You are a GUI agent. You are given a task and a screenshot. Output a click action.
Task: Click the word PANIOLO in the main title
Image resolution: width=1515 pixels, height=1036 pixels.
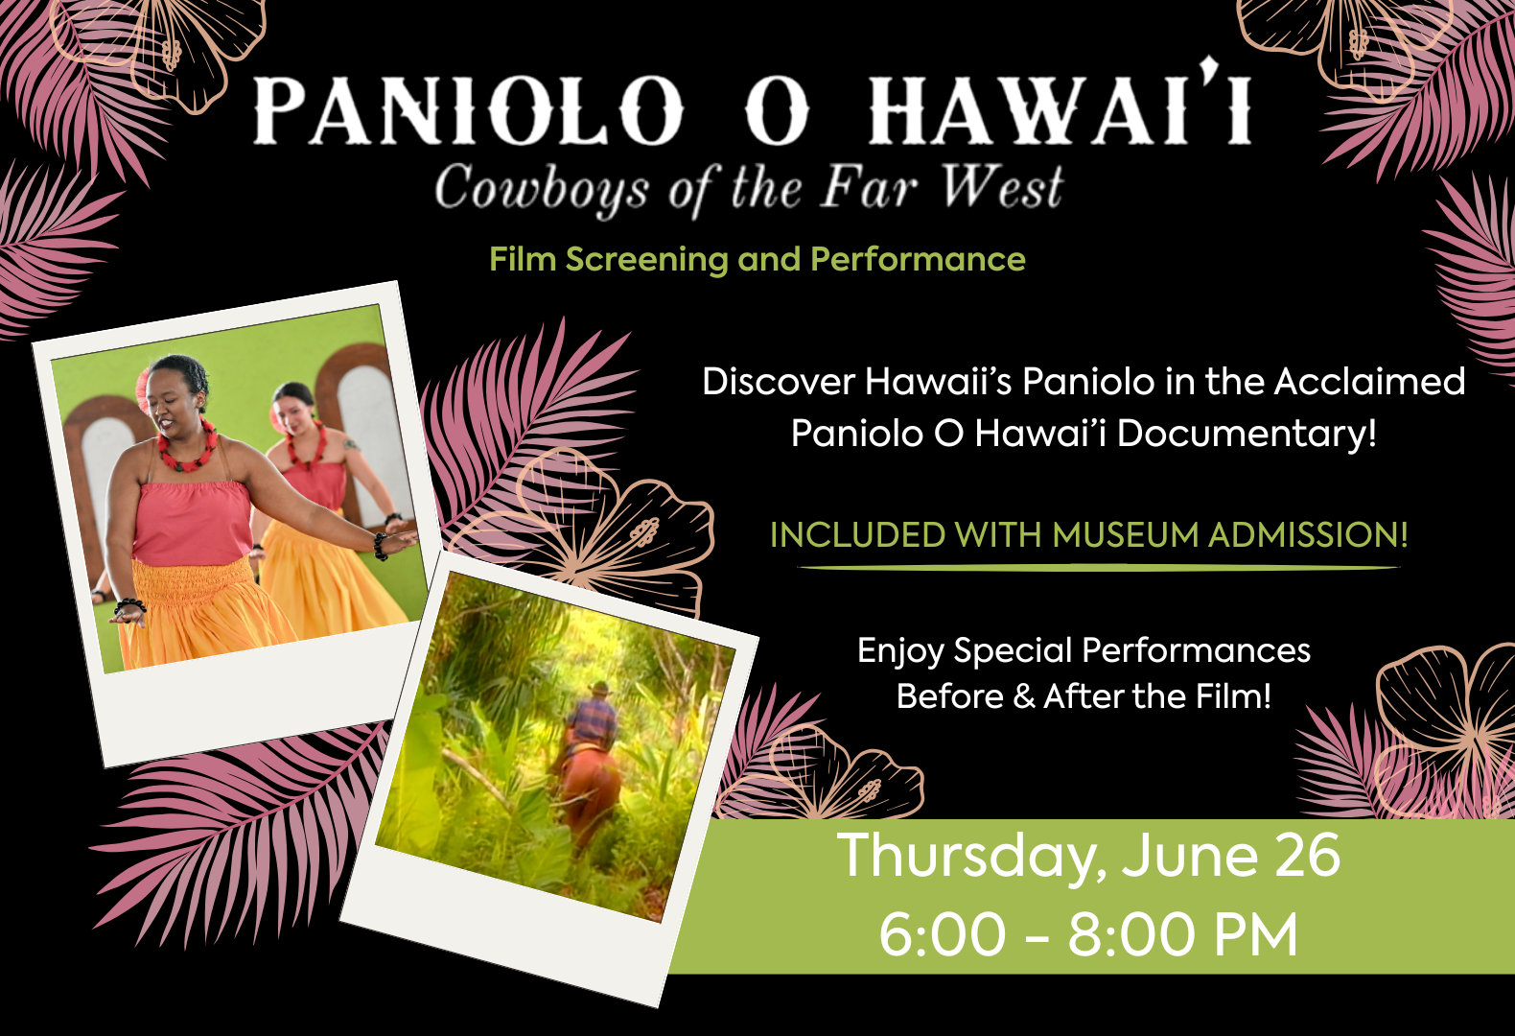tap(467, 109)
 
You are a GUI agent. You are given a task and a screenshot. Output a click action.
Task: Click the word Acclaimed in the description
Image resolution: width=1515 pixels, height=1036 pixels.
tap(1369, 381)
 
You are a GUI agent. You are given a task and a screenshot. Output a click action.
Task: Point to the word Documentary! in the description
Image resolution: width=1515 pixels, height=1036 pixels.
tap(1247, 434)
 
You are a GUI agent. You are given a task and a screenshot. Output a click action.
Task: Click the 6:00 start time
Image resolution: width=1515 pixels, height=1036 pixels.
tap(943, 934)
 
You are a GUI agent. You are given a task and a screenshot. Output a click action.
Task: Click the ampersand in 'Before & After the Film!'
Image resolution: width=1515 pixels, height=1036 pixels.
tap(1024, 696)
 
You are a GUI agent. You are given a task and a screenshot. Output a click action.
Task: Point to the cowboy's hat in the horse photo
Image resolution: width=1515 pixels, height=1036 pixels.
tap(599, 689)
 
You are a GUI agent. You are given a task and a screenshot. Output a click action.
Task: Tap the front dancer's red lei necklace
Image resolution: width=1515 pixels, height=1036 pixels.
tap(188, 447)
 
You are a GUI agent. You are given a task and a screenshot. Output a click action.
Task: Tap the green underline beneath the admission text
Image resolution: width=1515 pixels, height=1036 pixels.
tap(1099, 568)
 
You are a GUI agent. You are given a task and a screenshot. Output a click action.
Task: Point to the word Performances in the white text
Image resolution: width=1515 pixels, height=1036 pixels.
tap(1196, 651)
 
